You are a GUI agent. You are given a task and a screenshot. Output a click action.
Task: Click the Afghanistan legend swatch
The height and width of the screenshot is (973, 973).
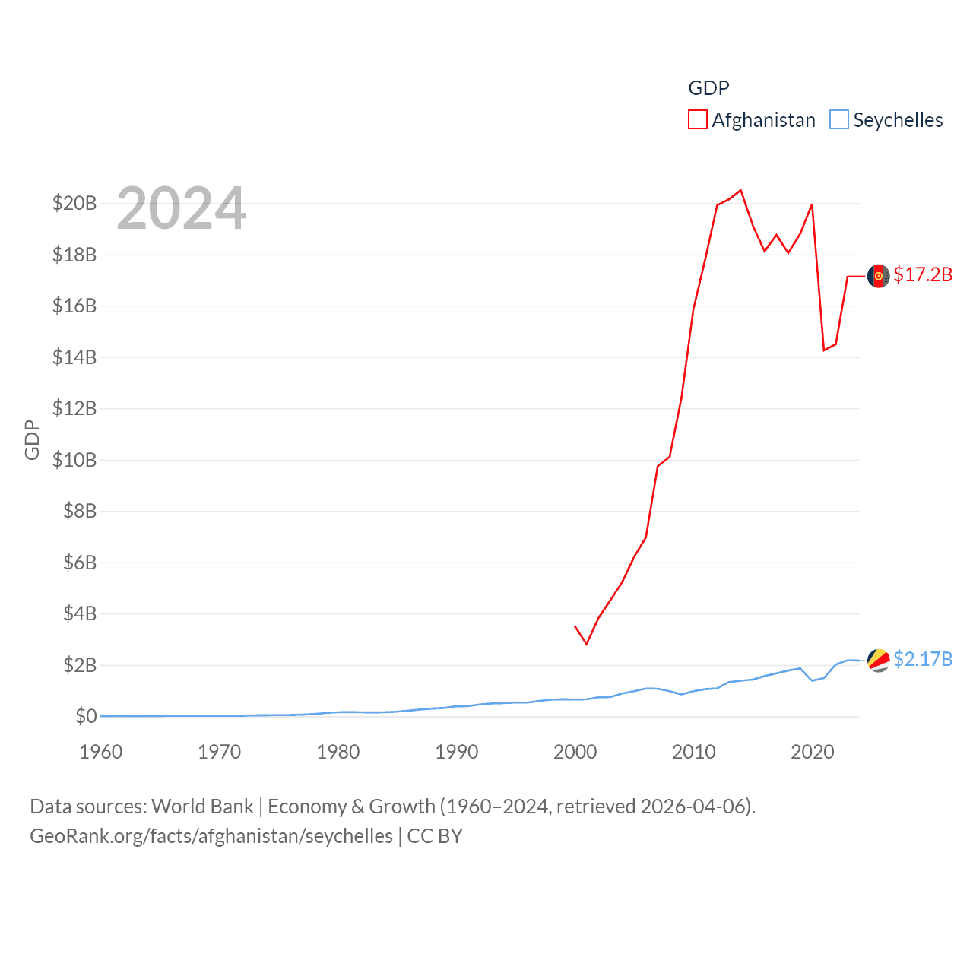[697, 120]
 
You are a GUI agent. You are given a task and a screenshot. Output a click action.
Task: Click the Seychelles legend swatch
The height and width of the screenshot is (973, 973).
[838, 120]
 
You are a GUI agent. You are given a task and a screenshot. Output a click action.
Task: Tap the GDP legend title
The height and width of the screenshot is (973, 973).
[708, 88]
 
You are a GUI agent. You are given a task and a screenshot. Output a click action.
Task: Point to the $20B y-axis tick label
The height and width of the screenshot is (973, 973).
[74, 203]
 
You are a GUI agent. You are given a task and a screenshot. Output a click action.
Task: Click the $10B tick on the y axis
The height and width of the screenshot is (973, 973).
[74, 460]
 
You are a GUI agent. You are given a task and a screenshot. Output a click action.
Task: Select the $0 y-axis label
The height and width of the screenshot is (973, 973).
[86, 716]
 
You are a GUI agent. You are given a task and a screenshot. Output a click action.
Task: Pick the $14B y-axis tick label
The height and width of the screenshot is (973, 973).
[74, 357]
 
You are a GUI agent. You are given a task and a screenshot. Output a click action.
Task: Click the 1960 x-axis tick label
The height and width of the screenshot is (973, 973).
[101, 752]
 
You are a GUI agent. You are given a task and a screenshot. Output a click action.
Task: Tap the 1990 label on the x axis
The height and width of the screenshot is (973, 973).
[457, 752]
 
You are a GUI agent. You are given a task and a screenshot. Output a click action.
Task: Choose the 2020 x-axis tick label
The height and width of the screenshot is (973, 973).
[813, 752]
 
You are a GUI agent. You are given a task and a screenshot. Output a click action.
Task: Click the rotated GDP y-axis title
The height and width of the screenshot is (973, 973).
[32, 439]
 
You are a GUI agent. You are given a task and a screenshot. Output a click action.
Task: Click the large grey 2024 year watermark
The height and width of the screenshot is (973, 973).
[182, 208]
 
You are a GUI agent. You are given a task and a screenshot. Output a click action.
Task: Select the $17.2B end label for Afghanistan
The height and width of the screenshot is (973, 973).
[923, 274]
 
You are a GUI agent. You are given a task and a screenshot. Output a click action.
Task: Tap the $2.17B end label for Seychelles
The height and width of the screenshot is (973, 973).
[923, 659]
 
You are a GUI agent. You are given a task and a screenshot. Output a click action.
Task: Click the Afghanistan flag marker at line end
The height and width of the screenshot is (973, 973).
[879, 276]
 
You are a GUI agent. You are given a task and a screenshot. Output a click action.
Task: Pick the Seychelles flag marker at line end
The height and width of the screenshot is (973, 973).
[879, 661]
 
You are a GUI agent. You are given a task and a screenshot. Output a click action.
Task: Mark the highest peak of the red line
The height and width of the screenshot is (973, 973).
[740, 190]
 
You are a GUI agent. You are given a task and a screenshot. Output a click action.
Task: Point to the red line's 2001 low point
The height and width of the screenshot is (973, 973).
[587, 644]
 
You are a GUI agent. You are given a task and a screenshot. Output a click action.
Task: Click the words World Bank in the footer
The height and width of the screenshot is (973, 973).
[202, 807]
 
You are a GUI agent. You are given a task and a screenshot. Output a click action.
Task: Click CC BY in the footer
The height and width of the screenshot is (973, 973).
[435, 836]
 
